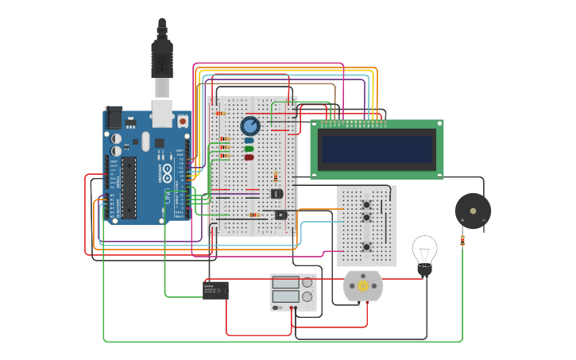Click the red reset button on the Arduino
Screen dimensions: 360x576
pyautogui.click(x=182, y=121)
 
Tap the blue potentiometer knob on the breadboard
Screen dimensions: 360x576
pyautogui.click(x=250, y=126)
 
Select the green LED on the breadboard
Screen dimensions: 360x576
pyautogui.click(x=249, y=149)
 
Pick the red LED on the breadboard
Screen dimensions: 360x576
pyautogui.click(x=249, y=157)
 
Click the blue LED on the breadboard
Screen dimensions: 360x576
pyautogui.click(x=249, y=141)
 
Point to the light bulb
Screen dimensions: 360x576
pyautogui.click(x=424, y=253)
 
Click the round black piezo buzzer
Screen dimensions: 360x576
pyautogui.click(x=473, y=211)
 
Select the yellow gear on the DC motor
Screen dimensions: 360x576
pyautogui.click(x=363, y=286)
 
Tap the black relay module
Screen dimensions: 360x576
pyautogui.click(x=215, y=290)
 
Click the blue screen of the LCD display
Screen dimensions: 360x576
pyautogui.click(x=377, y=149)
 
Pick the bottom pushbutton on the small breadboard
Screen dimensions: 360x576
pyautogui.click(x=366, y=247)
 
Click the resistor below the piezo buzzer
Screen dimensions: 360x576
pyautogui.click(x=462, y=240)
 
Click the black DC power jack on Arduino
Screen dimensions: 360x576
pyautogui.click(x=114, y=118)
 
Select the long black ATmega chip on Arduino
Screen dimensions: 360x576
pyautogui.click(x=128, y=188)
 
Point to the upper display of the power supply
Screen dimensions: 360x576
pyautogui.click(x=285, y=282)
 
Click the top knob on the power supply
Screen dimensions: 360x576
pyautogui.click(x=307, y=282)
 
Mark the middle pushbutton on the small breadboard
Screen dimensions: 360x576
pyautogui.click(x=366, y=217)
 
